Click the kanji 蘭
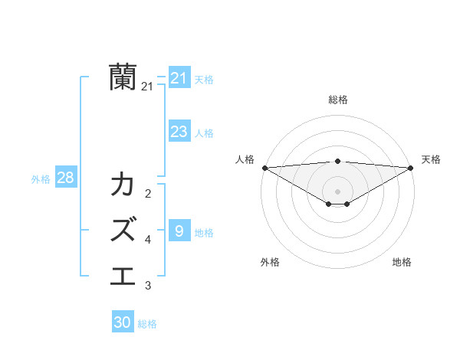point(123,77)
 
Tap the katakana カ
point(123,185)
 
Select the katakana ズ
point(123,229)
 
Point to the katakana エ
point(123,273)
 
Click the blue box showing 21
point(179,78)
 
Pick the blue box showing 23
point(179,132)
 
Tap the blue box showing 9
point(179,231)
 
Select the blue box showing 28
point(65,178)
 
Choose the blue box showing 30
point(123,322)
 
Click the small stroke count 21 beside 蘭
point(147,87)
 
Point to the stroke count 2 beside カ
point(148,194)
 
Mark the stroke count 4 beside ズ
point(148,240)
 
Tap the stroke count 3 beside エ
point(148,286)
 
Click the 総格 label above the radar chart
point(337,100)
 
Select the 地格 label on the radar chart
point(402,262)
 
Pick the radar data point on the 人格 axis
point(264,168)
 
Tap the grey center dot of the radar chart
point(337,190)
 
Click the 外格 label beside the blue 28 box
point(41,179)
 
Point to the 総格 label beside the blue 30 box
point(147,324)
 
